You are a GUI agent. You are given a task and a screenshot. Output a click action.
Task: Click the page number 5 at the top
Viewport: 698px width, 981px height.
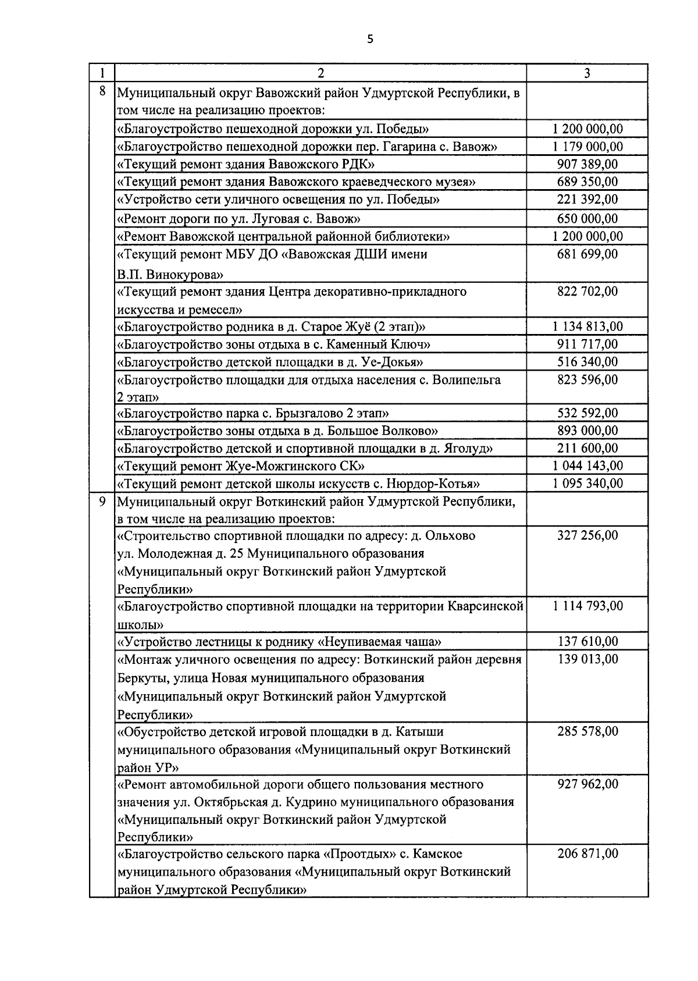pos(371,40)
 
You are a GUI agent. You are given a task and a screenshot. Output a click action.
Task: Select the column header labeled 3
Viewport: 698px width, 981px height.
pos(587,73)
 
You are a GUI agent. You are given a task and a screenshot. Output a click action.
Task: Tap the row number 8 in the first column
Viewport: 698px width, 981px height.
pos(102,91)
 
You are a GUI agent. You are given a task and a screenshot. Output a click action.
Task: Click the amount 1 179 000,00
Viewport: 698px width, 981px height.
pos(587,147)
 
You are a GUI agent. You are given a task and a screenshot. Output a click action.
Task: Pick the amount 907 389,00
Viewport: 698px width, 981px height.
pos(587,164)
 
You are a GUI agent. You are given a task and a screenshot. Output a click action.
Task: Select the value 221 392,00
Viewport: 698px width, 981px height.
pos(587,200)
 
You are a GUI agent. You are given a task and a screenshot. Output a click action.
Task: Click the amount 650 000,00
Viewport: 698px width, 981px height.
pos(587,219)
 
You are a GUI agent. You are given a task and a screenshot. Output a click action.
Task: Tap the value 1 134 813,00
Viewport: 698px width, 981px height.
pos(587,326)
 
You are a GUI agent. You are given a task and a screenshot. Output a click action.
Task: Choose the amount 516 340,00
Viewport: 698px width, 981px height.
pos(587,362)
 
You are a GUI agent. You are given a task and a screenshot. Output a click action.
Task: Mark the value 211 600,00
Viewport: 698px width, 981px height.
pos(587,448)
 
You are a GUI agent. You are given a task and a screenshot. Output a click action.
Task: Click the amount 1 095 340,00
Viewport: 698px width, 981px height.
pos(587,484)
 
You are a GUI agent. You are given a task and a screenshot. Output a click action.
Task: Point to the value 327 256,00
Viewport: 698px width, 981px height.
pos(587,535)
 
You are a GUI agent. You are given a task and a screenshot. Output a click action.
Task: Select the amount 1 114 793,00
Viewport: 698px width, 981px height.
pos(587,606)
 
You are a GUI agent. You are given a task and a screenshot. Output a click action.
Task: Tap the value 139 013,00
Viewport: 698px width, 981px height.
pos(587,659)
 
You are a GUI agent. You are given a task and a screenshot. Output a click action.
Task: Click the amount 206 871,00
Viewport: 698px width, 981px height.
pos(587,854)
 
